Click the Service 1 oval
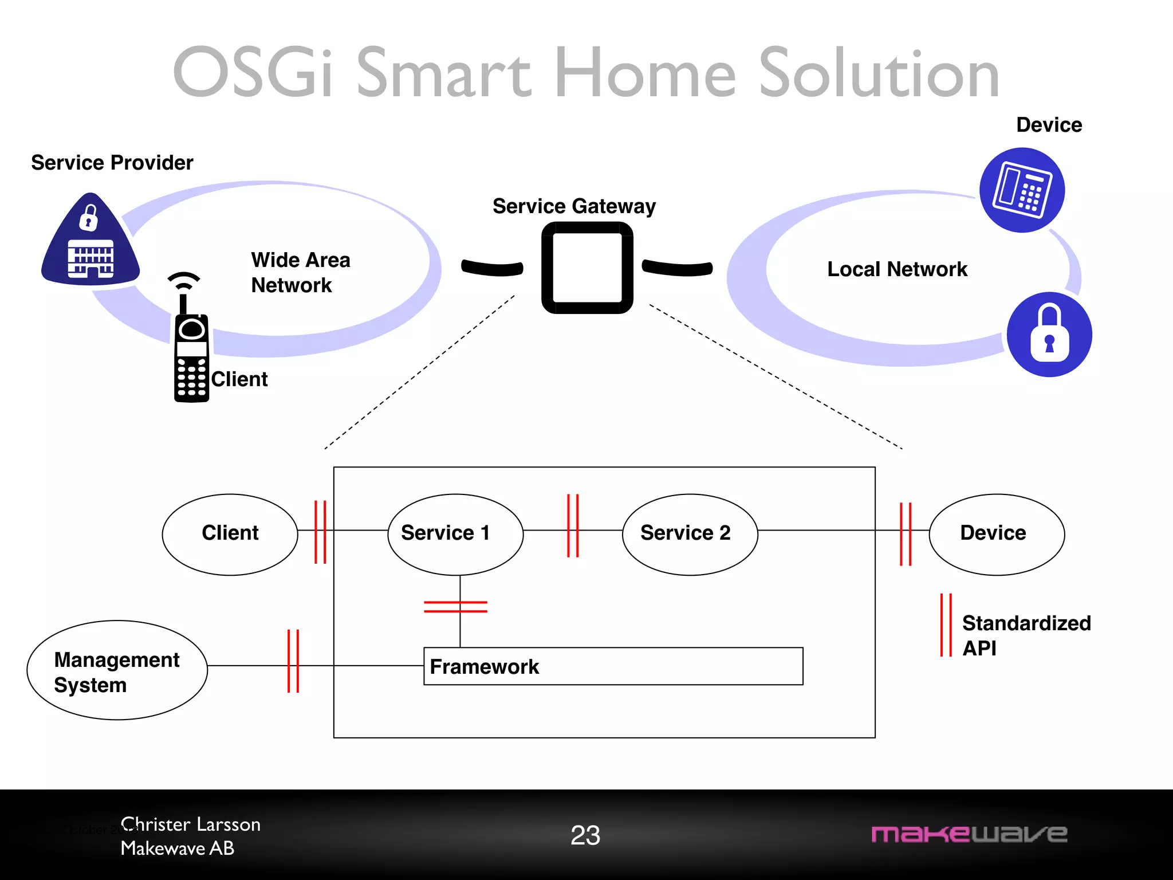click(455, 534)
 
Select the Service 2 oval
click(690, 534)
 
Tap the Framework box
click(613, 666)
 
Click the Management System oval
click(117, 670)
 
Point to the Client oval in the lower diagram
click(230, 534)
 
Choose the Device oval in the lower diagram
click(996, 534)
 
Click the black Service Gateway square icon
click(587, 268)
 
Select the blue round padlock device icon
click(1049, 335)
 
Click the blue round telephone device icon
click(1022, 190)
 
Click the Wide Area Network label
click(300, 273)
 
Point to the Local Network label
click(897, 269)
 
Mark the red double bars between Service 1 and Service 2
click(573, 525)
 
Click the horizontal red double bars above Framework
click(455, 607)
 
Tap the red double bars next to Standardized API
click(946, 625)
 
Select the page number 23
click(585, 835)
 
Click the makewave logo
click(969, 834)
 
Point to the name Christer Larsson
click(191, 824)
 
